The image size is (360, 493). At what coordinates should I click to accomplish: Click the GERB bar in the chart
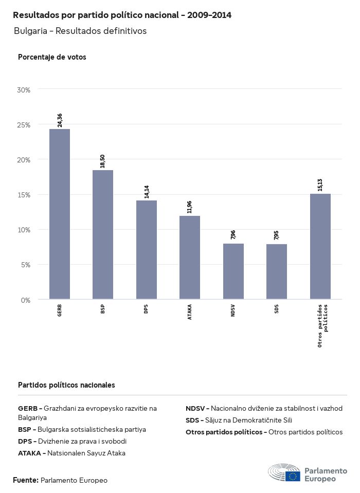(60, 214)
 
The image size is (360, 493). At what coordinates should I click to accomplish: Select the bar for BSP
(103, 234)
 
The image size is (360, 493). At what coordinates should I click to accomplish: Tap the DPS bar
(147, 250)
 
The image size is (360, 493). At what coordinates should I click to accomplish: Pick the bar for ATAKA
(190, 258)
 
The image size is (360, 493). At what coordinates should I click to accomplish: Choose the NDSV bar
(233, 271)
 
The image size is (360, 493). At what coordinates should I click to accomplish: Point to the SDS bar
(277, 271)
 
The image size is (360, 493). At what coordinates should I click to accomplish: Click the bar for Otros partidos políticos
(320, 246)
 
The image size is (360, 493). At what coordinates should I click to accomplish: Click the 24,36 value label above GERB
(60, 120)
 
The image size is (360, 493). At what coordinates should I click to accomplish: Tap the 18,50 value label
(103, 161)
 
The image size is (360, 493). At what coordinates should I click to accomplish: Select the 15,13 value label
(320, 185)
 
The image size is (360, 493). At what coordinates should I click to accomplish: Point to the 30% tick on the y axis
(24, 90)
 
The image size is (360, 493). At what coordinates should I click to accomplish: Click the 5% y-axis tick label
(26, 265)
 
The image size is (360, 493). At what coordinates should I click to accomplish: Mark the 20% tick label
(24, 160)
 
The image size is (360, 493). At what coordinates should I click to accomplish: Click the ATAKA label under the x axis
(190, 313)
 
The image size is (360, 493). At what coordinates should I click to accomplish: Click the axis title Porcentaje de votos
(52, 57)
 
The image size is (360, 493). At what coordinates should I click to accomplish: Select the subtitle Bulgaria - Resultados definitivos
(80, 31)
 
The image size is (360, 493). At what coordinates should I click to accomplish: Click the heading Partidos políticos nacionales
(66, 385)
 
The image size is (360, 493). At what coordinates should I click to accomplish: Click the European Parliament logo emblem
(284, 472)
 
